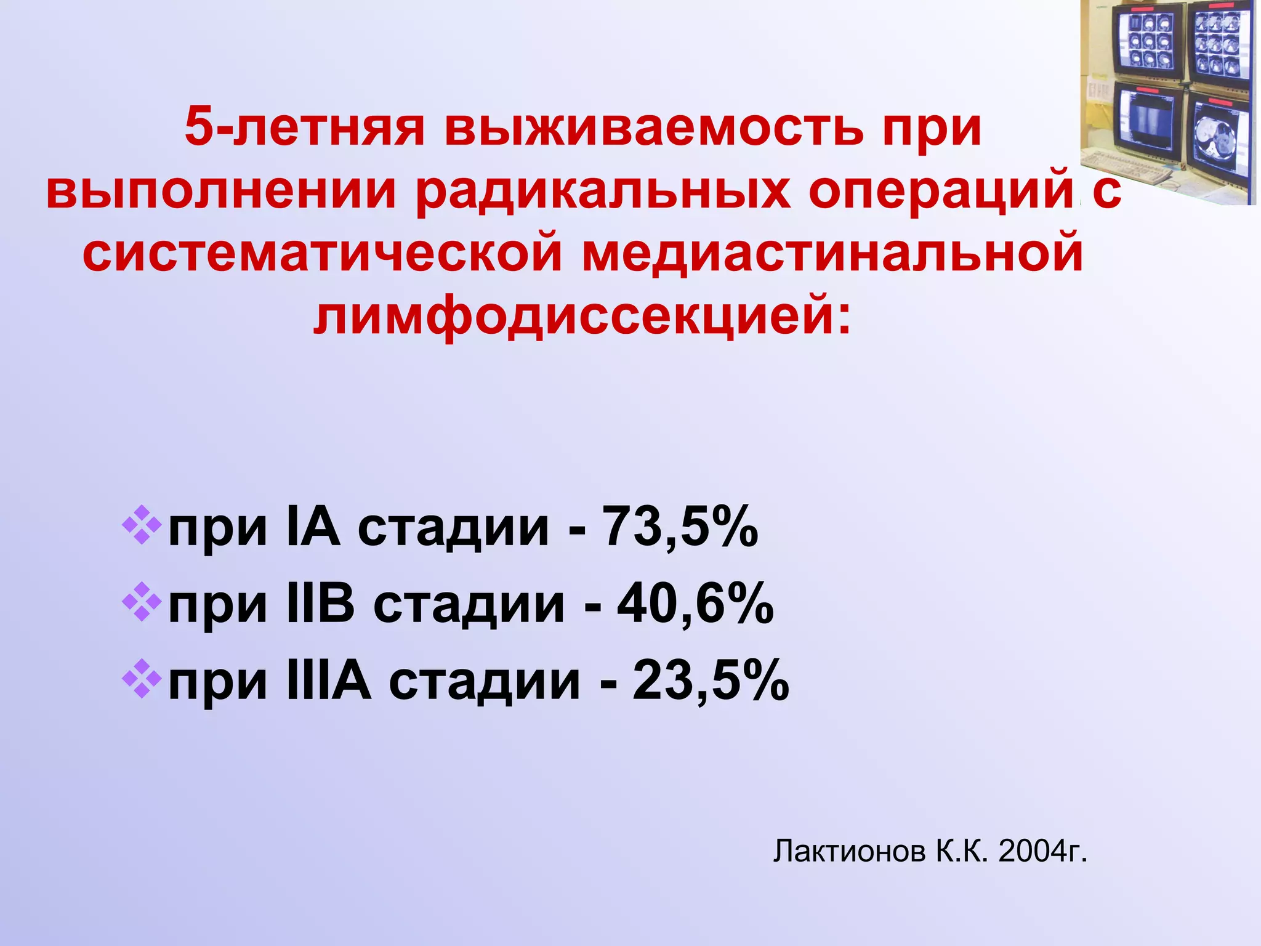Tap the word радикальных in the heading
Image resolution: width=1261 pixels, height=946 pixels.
click(603, 191)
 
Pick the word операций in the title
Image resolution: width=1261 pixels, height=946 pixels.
click(942, 191)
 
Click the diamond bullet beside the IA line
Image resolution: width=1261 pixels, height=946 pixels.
click(142, 525)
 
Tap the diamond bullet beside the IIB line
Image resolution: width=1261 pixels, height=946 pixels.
click(142, 602)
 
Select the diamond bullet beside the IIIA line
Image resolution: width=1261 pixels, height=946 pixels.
click(142, 679)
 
